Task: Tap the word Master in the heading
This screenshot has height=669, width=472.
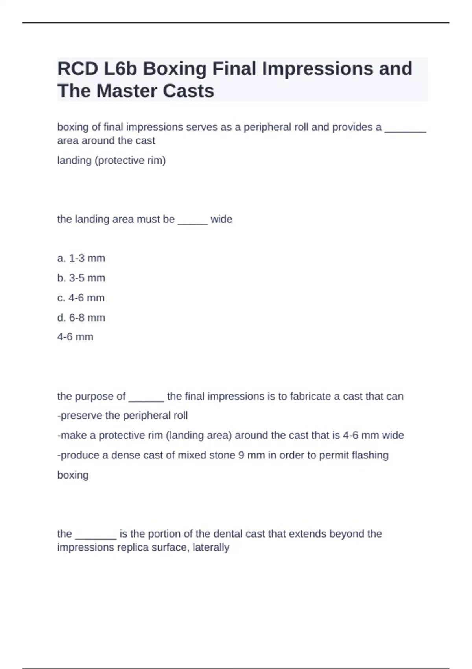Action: [x=127, y=91]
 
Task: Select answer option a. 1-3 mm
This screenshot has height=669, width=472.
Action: [x=81, y=258]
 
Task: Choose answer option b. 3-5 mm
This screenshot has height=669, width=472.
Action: [x=81, y=278]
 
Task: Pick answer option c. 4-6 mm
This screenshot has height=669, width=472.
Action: [x=81, y=298]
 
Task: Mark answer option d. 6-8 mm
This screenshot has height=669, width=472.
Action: [x=81, y=318]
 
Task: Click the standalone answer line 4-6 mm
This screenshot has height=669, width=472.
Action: [x=75, y=337]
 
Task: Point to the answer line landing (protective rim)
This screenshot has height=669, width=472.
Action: [x=111, y=161]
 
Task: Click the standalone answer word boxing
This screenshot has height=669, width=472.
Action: [x=73, y=475]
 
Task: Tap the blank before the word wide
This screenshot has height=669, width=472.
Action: [x=192, y=220]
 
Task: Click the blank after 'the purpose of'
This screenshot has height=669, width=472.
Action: [x=146, y=397]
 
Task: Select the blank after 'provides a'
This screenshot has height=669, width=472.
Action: [x=405, y=129]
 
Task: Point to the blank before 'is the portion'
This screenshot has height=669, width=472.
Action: [x=96, y=535]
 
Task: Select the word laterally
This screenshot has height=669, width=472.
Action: [x=211, y=547]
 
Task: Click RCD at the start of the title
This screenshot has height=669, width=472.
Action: [x=77, y=69]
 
